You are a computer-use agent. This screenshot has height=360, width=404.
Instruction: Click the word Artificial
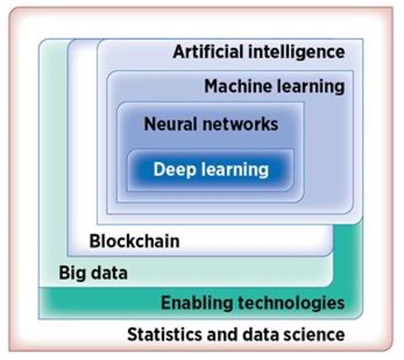pos(208,52)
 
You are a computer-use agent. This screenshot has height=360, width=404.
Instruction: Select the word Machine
pos(237,86)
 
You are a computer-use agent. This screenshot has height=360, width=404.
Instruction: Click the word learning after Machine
pos(309,87)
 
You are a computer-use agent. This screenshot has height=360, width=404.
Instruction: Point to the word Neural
pos(168,124)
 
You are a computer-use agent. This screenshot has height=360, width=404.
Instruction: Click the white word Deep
pos(174,170)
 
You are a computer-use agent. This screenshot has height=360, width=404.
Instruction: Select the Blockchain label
pos(135,241)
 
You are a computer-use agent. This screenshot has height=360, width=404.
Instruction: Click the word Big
pos(72,273)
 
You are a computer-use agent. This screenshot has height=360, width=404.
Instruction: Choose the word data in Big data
pos(109,273)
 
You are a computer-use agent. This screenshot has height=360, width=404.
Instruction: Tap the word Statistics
pos(164,335)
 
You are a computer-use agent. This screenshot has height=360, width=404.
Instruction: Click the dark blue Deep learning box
pos(210,170)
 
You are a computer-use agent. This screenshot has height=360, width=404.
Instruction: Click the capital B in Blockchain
pos(94,241)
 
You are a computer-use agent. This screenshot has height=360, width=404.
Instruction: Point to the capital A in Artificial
pos(179,52)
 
